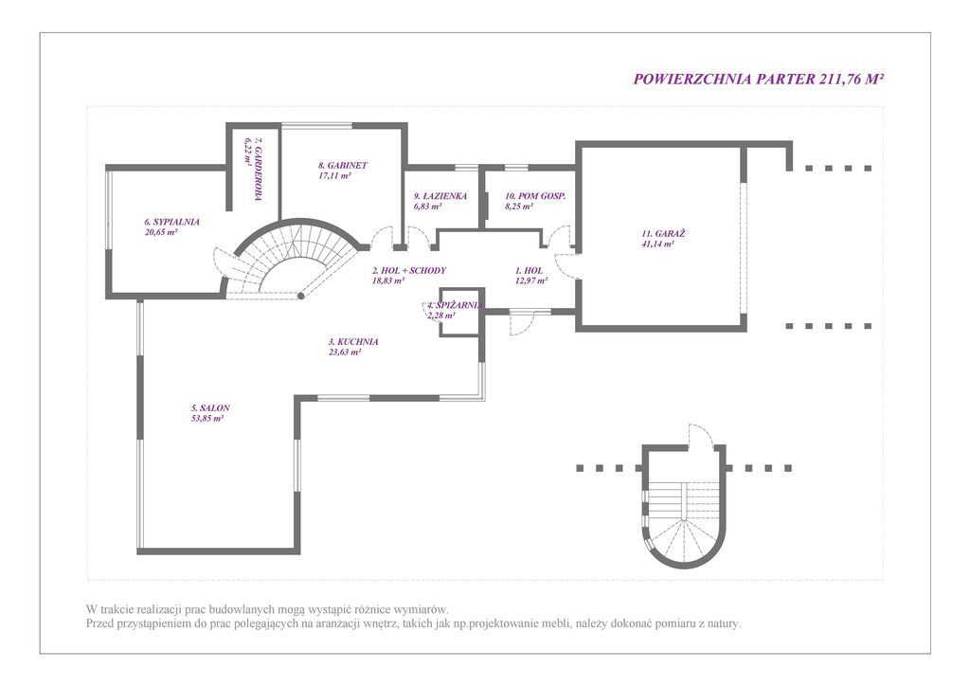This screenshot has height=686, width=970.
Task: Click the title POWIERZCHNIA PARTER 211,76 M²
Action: point(759,80)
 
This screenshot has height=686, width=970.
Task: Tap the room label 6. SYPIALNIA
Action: point(172,222)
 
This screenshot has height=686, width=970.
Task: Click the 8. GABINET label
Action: point(343,165)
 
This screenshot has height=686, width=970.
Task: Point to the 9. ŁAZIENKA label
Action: point(440,196)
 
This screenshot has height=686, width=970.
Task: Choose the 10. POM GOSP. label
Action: point(536,196)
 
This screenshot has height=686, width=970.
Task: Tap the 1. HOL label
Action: point(529,270)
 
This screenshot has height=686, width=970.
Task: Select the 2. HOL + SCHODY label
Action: point(409,270)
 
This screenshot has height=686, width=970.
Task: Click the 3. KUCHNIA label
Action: point(353,341)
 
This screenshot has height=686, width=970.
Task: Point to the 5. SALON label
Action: point(210,408)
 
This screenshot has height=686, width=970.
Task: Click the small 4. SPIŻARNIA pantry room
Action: point(461,313)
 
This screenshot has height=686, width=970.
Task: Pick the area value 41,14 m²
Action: point(658,244)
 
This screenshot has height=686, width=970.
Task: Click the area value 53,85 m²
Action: point(207,419)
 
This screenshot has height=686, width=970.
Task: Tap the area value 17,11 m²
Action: point(334,175)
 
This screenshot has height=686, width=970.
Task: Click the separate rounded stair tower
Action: point(683,507)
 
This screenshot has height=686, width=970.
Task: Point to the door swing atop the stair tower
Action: point(702,436)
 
